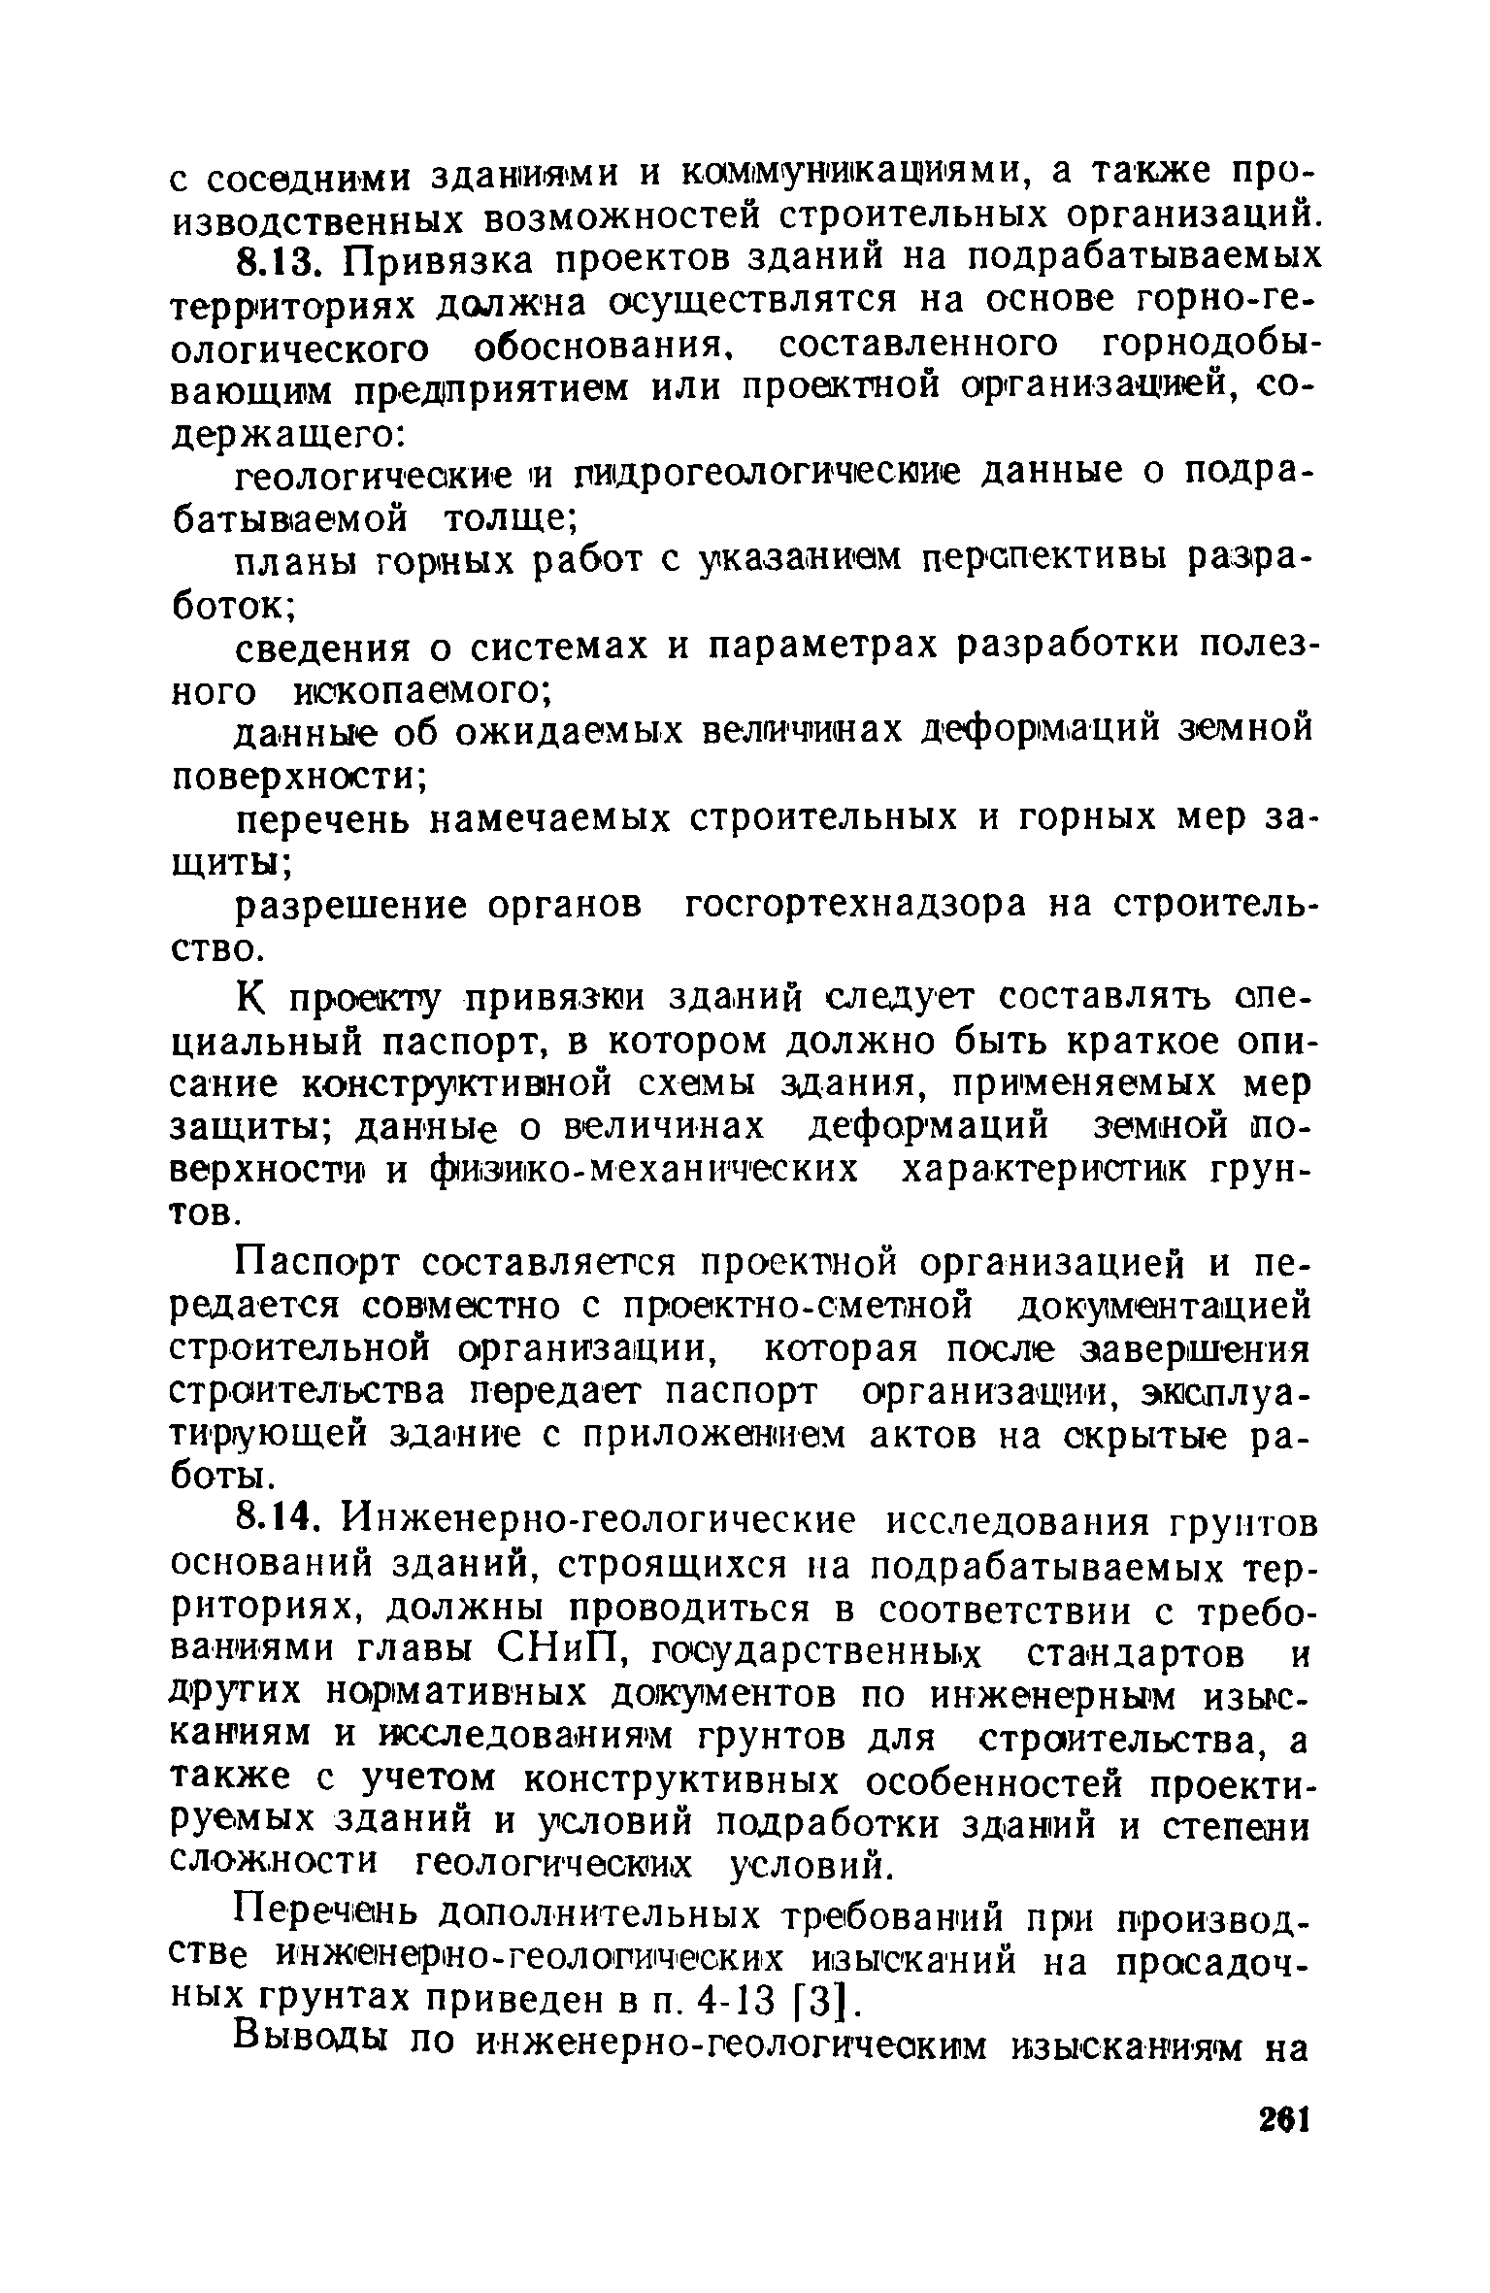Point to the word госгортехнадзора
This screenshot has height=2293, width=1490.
coord(854,905)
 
